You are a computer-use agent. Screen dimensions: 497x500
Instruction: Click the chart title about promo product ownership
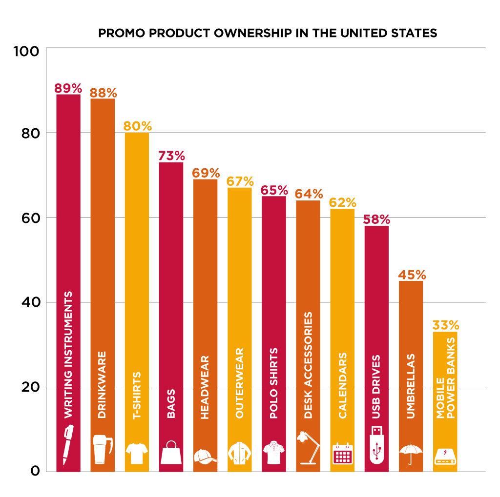pyautogui.click(x=268, y=34)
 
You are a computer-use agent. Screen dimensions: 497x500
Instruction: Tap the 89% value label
pyautogui.click(x=68, y=88)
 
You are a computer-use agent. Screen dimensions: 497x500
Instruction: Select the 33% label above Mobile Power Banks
pyautogui.click(x=445, y=325)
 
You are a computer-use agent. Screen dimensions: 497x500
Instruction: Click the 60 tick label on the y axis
pyautogui.click(x=29, y=218)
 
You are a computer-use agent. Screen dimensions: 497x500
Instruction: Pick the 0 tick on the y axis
pyautogui.click(x=34, y=471)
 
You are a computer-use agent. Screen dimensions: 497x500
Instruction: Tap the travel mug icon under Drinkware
pyautogui.click(x=102, y=449)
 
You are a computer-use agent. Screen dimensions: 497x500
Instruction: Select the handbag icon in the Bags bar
pyautogui.click(x=171, y=453)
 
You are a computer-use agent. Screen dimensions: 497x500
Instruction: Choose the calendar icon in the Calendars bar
pyautogui.click(x=342, y=454)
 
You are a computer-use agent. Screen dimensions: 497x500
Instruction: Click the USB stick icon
pyautogui.click(x=376, y=444)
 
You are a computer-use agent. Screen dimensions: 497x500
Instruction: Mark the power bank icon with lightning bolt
pyautogui.click(x=445, y=456)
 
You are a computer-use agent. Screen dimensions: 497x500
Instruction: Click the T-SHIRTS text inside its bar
pyautogui.click(x=137, y=396)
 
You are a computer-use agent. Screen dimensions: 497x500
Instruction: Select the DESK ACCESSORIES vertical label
pyautogui.click(x=308, y=365)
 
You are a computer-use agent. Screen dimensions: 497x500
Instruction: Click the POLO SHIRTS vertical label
pyautogui.click(x=273, y=383)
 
